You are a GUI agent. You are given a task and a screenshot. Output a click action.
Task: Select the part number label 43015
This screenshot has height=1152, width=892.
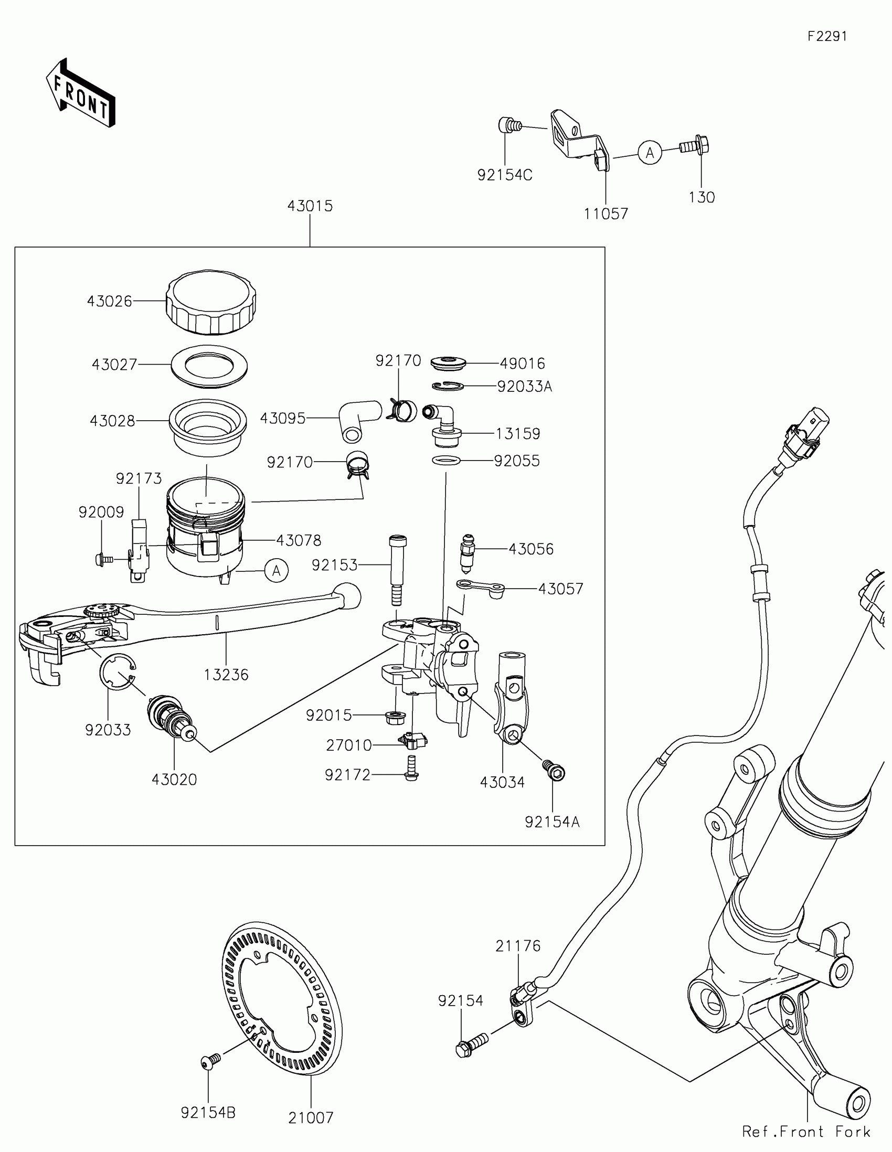(310, 206)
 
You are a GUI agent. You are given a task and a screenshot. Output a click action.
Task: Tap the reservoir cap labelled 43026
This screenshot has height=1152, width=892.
(211, 303)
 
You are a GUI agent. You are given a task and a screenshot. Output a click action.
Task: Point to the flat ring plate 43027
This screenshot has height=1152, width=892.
(209, 365)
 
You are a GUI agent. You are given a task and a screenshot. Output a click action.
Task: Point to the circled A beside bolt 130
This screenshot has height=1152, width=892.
(650, 153)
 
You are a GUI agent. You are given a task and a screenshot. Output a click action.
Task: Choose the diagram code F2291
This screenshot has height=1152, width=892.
(827, 36)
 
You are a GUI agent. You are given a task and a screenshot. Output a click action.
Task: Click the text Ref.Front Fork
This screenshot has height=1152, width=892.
(806, 1132)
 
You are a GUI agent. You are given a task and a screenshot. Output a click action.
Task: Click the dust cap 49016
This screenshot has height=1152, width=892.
(448, 363)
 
